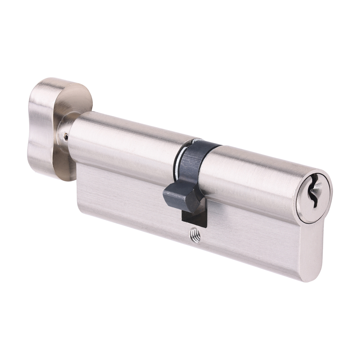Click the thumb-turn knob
pos(50,126)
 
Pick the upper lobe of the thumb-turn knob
pos(54,90)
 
